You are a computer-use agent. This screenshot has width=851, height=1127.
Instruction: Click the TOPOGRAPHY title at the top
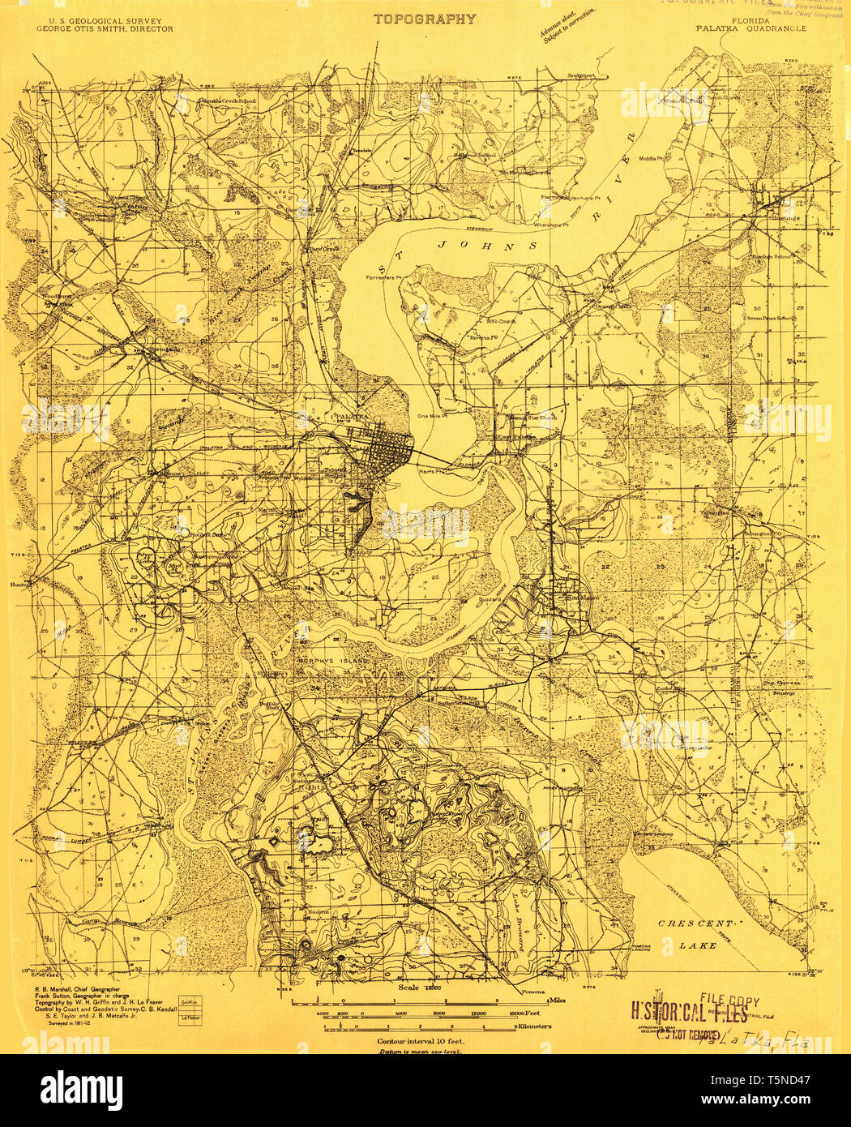coord(425,19)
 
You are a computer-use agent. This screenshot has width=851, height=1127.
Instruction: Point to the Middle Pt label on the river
coord(651,158)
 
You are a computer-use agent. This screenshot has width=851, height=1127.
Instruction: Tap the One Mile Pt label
coord(432,416)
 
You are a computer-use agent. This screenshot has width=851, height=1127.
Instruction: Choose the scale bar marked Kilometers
coord(421,1027)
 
